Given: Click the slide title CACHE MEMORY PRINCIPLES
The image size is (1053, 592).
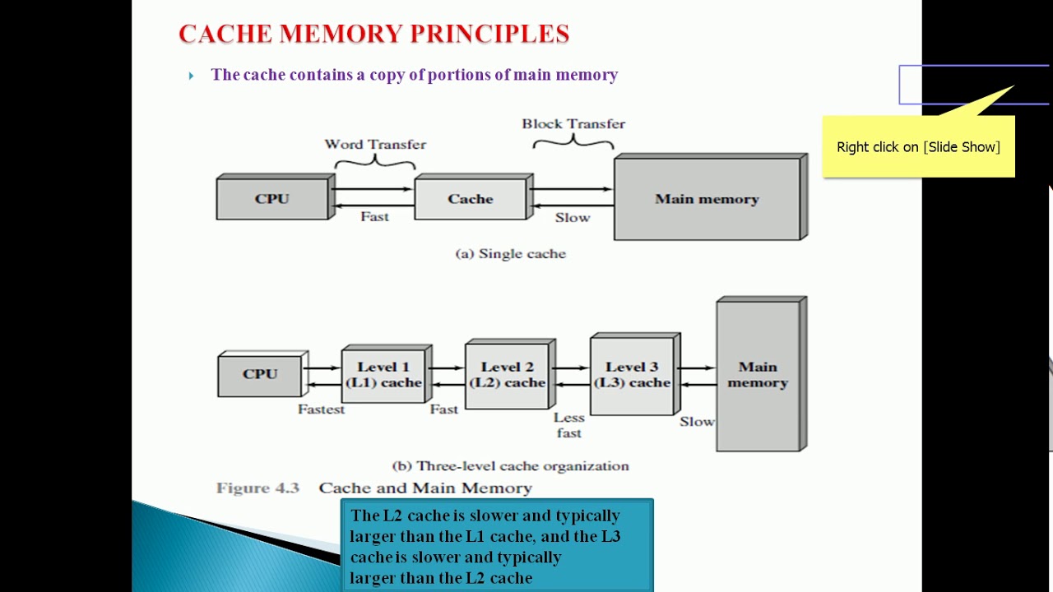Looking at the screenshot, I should tap(373, 34).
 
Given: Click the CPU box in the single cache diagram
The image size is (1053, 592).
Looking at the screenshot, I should tap(272, 199).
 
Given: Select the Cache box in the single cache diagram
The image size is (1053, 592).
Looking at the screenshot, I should tap(471, 199).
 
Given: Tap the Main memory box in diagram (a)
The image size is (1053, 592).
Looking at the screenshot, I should tap(707, 199).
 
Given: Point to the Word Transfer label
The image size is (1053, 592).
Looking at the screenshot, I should tap(375, 144).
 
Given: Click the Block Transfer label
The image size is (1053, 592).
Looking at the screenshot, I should tap(573, 124).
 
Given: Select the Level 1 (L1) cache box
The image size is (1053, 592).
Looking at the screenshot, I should tap(383, 375).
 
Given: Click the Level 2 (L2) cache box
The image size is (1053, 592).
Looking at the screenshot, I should tap(507, 375).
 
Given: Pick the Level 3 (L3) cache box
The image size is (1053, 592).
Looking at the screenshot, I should tap(632, 375).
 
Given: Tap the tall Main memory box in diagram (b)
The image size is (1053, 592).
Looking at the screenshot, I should tap(758, 375).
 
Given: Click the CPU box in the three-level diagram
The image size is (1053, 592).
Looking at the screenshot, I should tap(260, 374).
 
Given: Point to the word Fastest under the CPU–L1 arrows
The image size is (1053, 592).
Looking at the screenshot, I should tap(321, 409).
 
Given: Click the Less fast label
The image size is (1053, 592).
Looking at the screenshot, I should tap(568, 425).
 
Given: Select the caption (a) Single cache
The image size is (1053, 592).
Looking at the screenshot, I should tap(511, 254).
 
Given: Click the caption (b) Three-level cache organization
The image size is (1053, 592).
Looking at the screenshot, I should tap(511, 466).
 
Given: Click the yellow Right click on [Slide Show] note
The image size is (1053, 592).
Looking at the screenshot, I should tap(918, 147).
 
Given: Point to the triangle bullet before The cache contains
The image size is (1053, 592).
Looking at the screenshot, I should tap(191, 76).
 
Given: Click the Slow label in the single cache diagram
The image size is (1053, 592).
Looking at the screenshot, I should tap(573, 218).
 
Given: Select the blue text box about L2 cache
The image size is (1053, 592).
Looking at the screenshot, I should tap(497, 546).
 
